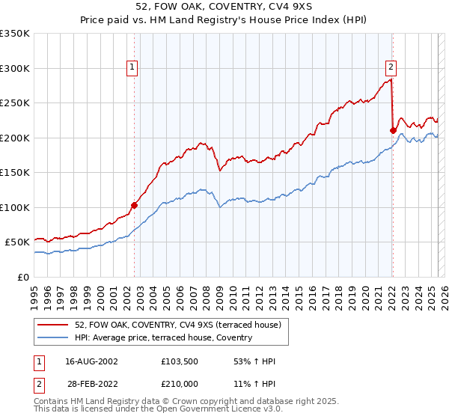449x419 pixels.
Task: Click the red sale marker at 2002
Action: tap(135, 205)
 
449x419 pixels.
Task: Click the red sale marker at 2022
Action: tap(393, 130)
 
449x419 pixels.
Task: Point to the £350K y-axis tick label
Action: tap(15, 34)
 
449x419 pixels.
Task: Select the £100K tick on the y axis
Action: tap(15, 207)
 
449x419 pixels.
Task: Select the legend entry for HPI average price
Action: tap(162, 338)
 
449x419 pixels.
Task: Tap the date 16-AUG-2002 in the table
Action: tap(91, 361)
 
